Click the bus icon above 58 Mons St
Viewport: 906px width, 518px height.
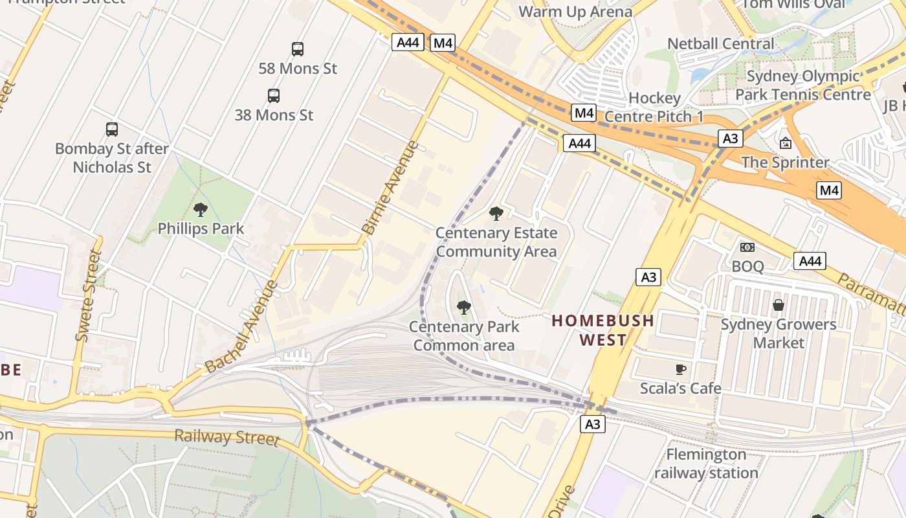click(x=298, y=49)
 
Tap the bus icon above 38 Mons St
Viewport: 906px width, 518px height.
click(x=274, y=96)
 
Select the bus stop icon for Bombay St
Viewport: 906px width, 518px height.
click(x=112, y=129)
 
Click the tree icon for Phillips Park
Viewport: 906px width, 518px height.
click(x=201, y=210)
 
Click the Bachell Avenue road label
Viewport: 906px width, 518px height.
click(x=241, y=328)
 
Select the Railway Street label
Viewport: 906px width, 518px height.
click(x=226, y=437)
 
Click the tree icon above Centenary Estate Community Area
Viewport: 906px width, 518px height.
click(x=496, y=214)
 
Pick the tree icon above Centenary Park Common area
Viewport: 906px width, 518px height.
click(x=463, y=308)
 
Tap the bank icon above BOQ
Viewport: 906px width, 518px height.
click(x=747, y=247)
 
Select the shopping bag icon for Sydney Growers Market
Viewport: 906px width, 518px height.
click(x=779, y=304)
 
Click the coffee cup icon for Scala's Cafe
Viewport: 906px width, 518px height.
click(x=680, y=369)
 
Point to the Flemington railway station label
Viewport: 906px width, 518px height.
click(x=706, y=464)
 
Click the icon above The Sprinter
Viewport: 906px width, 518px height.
click(x=786, y=143)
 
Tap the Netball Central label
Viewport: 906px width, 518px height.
click(x=720, y=44)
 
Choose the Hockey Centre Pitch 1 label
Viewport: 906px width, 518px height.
click(x=655, y=107)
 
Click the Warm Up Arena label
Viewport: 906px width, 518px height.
click(x=575, y=12)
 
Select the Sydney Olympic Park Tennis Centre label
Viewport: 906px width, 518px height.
click(x=803, y=85)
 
